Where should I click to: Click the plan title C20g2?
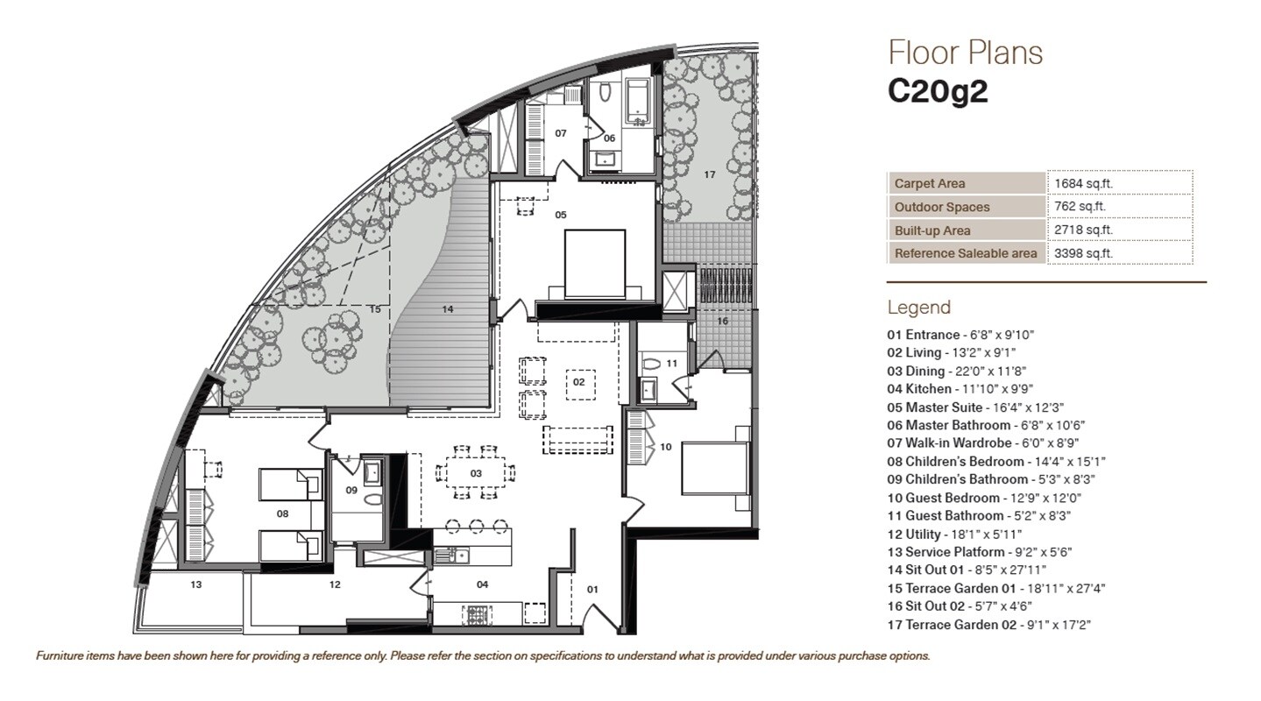[938, 92]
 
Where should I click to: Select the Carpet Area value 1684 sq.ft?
[1084, 184]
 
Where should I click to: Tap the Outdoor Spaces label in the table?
[942, 208]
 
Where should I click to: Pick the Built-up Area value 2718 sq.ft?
[1084, 230]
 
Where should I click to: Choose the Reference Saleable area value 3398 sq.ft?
[1084, 253]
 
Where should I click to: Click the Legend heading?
[918, 308]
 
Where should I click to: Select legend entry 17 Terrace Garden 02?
[988, 625]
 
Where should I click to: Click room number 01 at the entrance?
[592, 590]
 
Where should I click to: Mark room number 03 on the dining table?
[476, 473]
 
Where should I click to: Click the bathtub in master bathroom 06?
[638, 101]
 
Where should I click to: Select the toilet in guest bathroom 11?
[650, 362]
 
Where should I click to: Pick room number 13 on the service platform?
[195, 584]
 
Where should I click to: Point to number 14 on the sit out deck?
[447, 309]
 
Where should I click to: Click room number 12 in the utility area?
[335, 584]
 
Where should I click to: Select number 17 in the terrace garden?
[709, 174]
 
